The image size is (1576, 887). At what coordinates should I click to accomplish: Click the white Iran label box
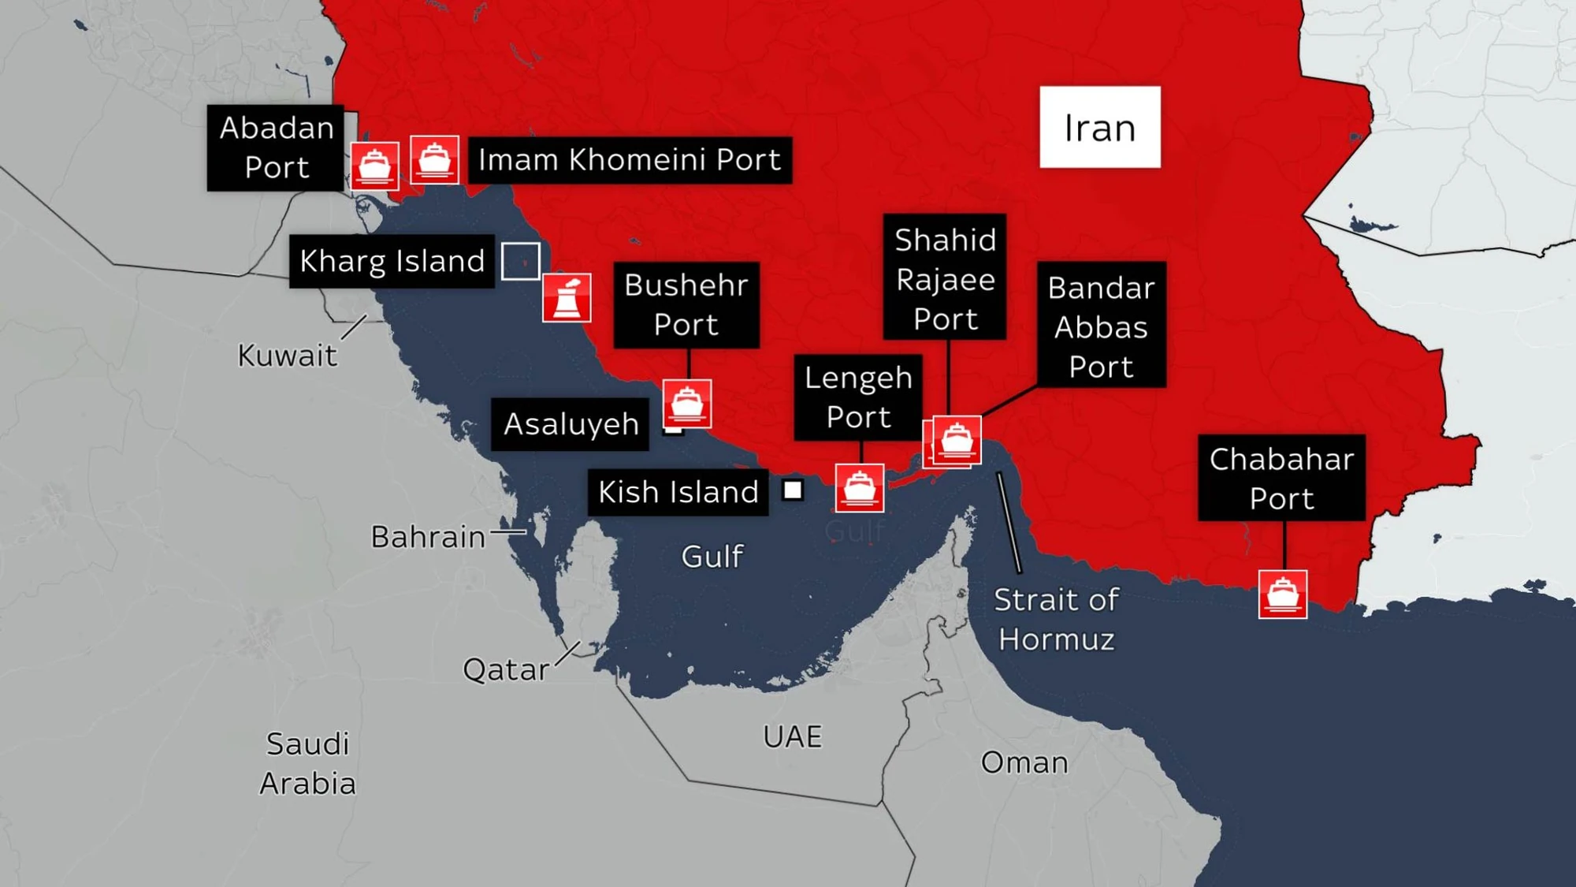(1099, 127)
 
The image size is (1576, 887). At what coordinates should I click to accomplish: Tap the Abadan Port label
(276, 147)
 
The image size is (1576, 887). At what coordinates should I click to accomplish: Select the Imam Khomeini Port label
(630, 160)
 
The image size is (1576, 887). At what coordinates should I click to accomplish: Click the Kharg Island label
(392, 261)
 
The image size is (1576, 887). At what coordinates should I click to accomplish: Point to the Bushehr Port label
(686, 304)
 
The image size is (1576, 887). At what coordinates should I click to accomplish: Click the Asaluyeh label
(570, 424)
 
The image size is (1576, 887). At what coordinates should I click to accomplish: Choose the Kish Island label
(678, 492)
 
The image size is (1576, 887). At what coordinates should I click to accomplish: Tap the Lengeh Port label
(857, 397)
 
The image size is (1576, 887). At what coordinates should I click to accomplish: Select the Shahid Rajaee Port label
(945, 278)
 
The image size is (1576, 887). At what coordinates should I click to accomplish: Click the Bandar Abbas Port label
(1101, 326)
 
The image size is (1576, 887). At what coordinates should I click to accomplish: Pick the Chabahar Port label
(1281, 478)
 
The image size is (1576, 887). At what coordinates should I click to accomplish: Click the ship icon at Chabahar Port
(1282, 594)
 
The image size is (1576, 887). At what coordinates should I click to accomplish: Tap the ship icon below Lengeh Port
(859, 487)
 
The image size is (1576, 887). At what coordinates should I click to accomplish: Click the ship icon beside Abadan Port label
(374, 166)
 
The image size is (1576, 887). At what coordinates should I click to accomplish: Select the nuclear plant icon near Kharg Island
(567, 298)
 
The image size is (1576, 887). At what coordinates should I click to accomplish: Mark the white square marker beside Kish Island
(793, 490)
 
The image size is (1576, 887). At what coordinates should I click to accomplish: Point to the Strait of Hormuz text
(1056, 620)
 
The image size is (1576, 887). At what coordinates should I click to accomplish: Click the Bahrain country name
(428, 537)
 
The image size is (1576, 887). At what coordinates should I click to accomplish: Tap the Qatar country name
(505, 670)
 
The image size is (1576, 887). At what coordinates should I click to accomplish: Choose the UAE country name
(792, 736)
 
